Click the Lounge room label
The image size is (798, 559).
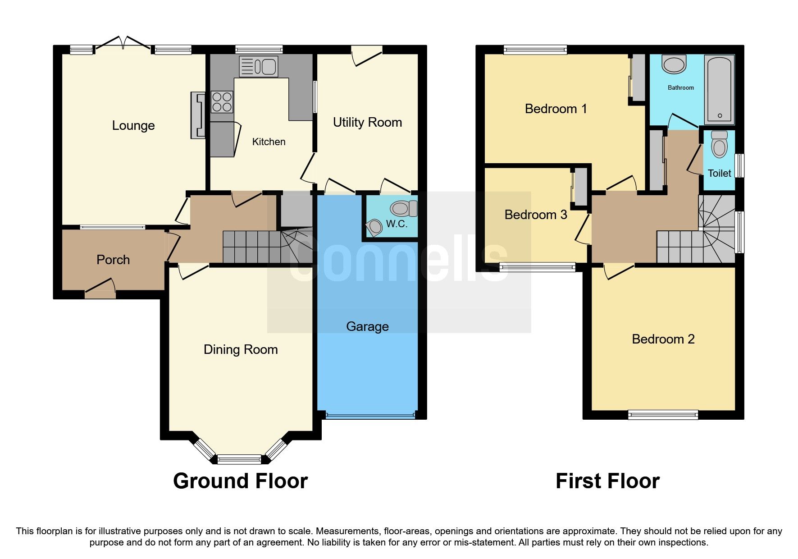coord(133,125)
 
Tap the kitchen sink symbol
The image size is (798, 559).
coord(259,67)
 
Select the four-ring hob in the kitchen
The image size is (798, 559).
coord(222,102)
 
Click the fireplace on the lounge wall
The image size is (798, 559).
coord(198,115)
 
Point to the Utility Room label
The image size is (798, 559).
coord(367,122)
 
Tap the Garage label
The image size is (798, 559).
coord(367,326)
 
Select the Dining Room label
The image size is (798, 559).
coord(240,349)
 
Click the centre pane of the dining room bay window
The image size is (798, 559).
coord(239,459)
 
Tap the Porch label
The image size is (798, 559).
coord(113,260)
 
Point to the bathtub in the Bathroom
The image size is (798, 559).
coord(719,89)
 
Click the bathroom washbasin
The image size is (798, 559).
coord(674,64)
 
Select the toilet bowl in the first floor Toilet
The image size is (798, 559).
coord(719,145)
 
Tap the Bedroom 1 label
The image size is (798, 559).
coord(556,109)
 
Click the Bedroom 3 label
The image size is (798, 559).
coord(535,215)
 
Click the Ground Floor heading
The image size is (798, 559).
coord(240,481)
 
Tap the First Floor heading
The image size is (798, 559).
coord(607,481)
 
